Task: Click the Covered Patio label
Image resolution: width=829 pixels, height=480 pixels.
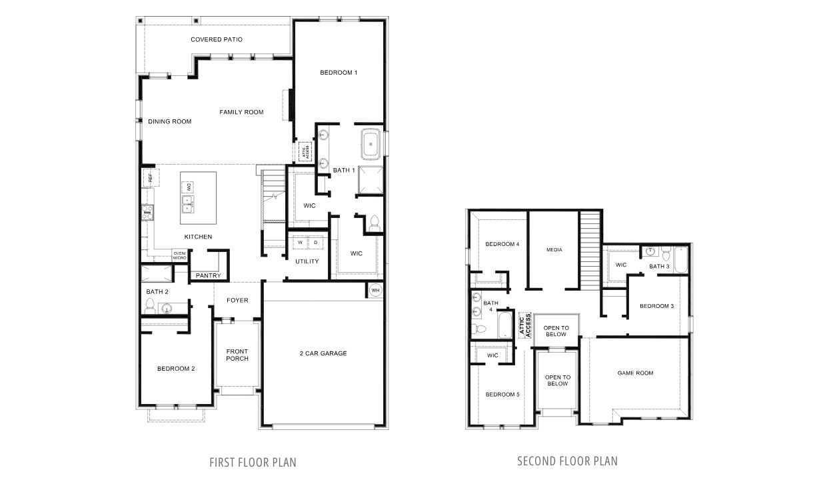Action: (216, 40)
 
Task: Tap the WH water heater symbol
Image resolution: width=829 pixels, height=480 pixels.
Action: (375, 291)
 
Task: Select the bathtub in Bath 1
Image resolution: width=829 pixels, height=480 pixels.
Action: (371, 143)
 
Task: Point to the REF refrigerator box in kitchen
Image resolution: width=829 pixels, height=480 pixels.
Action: (150, 178)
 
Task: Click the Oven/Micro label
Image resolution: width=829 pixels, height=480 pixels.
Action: (180, 255)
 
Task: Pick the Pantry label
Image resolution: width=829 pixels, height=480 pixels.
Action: (208, 276)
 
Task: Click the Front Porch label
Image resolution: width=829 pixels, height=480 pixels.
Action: (237, 355)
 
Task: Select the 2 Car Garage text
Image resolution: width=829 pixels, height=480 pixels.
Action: (323, 353)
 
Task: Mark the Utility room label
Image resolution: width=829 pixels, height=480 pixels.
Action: (307, 261)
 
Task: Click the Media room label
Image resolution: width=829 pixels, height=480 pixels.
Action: (554, 250)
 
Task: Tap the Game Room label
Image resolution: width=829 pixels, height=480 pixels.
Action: (635, 373)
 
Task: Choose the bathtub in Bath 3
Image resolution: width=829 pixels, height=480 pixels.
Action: (680, 259)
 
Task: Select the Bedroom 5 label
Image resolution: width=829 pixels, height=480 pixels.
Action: (502, 395)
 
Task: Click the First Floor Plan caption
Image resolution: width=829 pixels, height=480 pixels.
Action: (253, 461)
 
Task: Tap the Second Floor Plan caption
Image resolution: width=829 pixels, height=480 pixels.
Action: (567, 461)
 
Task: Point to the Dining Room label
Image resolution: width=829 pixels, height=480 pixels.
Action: (169, 121)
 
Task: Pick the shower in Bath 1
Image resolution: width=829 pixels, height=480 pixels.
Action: (371, 180)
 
